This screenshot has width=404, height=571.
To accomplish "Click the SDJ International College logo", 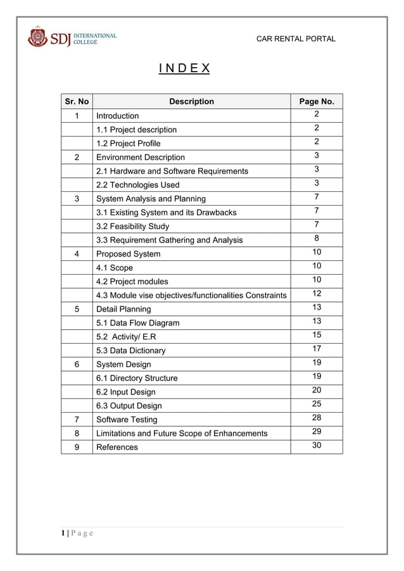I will click(72, 37).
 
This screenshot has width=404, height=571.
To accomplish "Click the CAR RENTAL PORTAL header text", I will click(295, 39).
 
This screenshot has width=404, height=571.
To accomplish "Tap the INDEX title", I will click(184, 68).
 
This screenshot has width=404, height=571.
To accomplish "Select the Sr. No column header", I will click(77, 101).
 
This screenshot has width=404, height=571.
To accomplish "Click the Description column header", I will click(191, 101).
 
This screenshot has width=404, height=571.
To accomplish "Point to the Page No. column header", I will click(316, 101).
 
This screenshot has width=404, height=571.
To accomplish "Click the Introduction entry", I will click(117, 116).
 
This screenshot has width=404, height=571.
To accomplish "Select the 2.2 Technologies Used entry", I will click(137, 185).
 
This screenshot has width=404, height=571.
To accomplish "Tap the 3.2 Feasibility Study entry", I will click(132, 226).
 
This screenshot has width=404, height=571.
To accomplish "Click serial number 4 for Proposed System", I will click(77, 254).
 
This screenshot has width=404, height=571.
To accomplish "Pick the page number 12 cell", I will click(316, 294).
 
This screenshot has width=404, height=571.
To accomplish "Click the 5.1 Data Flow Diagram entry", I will click(137, 323).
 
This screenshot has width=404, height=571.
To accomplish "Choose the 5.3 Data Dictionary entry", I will click(130, 351).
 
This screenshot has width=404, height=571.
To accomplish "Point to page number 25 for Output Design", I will click(316, 404).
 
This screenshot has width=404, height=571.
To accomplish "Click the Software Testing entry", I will click(127, 420).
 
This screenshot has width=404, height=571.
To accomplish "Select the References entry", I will click(117, 447).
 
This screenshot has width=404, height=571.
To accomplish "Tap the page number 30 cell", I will click(316, 446).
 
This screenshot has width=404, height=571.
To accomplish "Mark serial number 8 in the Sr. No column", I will click(77, 433).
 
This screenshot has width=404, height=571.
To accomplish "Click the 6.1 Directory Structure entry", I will click(137, 378).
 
